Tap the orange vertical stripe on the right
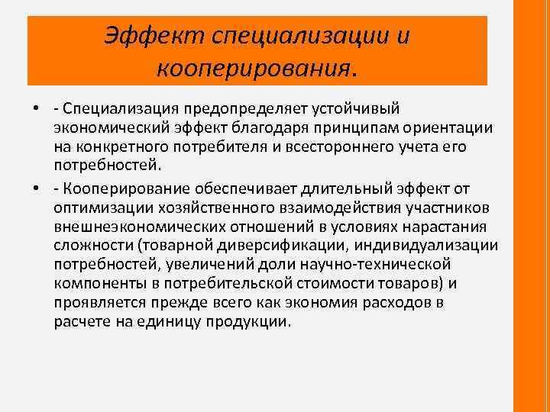533,206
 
